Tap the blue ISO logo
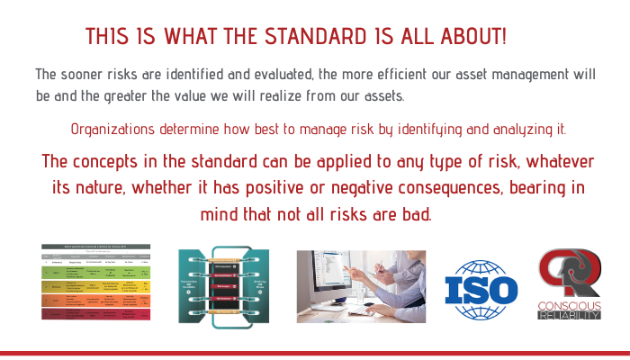pyautogui.click(x=483, y=290)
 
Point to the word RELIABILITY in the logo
pyautogui.click(x=569, y=314)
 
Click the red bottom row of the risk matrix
pyautogui.click(x=96, y=315)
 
